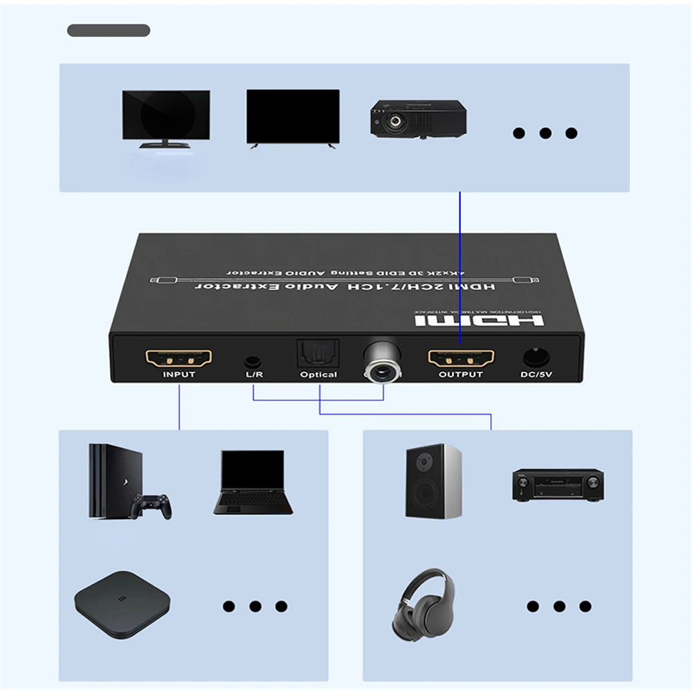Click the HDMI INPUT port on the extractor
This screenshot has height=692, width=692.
pos(179,358)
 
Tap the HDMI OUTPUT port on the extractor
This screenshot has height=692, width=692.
pos(462,358)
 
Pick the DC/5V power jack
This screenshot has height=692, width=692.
pos(534,358)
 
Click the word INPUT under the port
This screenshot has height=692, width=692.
pos(179,374)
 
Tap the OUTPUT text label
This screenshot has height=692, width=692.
pos(461,374)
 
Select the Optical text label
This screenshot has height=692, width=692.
pos(318,374)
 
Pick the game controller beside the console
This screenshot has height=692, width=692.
pos(152,507)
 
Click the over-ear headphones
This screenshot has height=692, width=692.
pos(427,601)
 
